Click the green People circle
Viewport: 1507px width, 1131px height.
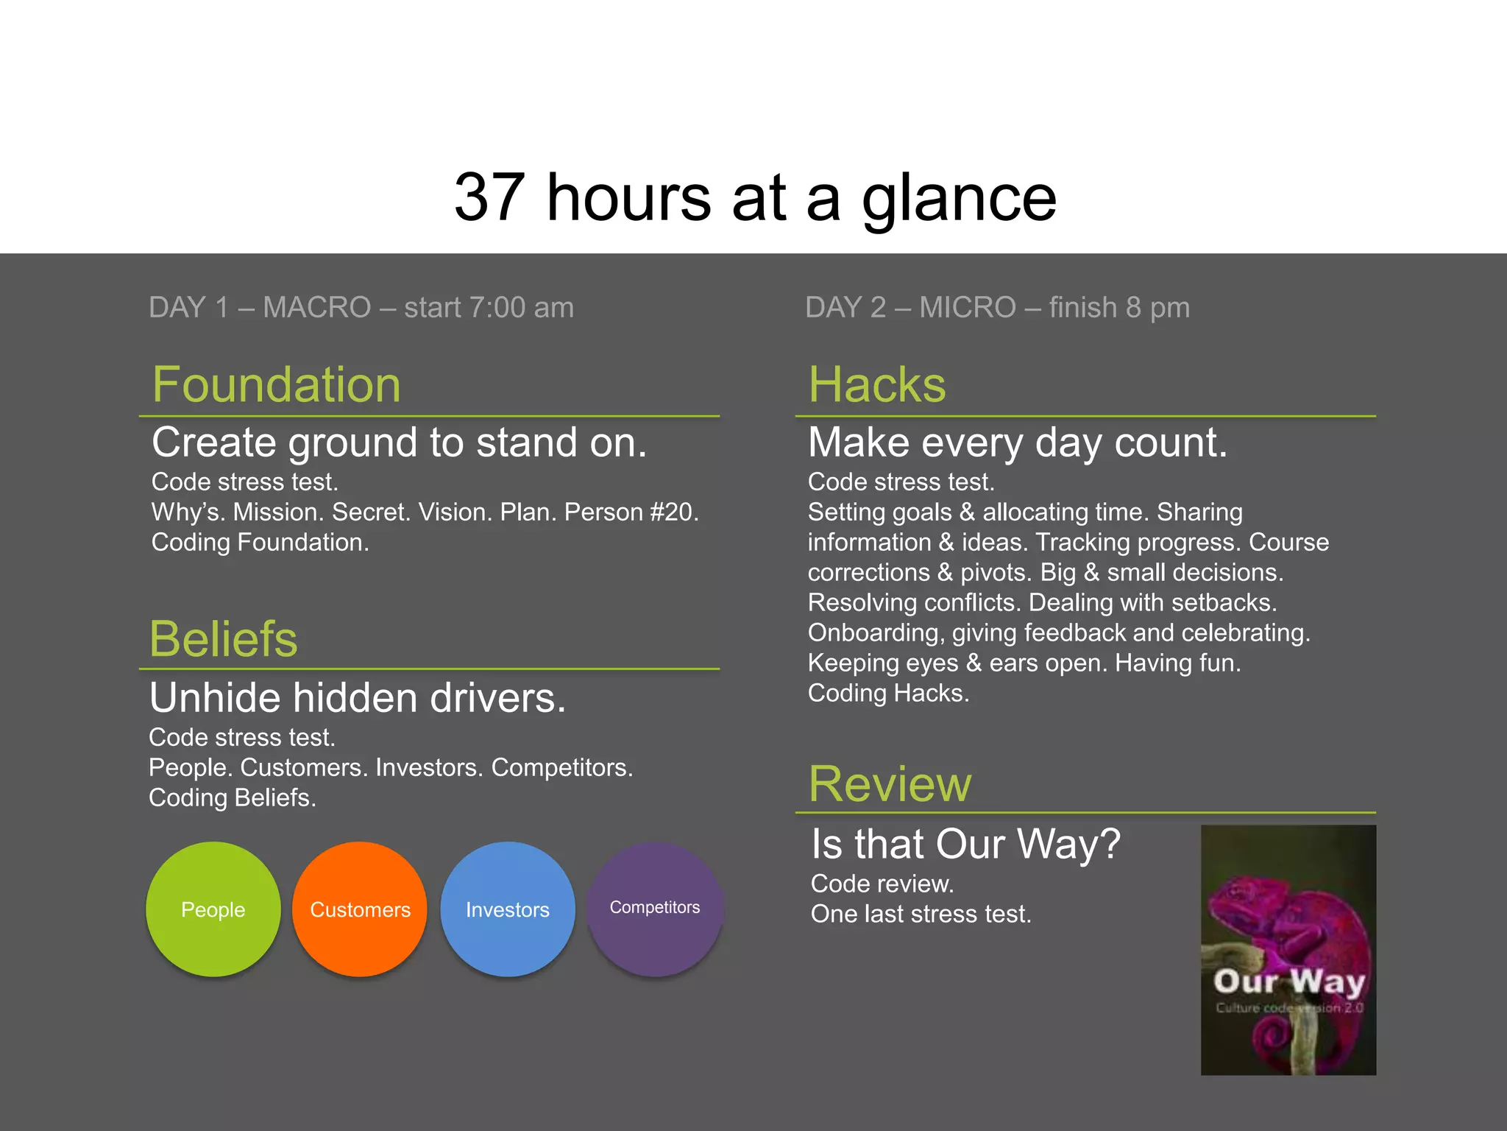213,909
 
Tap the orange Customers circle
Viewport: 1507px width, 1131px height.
360,909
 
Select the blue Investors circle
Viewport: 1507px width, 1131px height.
507,909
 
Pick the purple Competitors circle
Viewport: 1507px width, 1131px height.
655,909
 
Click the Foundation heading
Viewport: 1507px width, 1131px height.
276,384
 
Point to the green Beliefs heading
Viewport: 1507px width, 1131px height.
223,638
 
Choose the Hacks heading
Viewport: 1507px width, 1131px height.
876,384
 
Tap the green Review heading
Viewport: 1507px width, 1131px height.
890,783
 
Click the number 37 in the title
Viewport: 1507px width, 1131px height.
489,197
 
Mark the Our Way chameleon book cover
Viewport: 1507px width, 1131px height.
1288,950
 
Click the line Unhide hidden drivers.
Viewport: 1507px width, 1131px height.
358,697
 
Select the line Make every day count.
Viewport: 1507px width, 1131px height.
1018,443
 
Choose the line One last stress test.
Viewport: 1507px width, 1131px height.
921,914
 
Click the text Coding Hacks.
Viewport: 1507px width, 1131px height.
888,693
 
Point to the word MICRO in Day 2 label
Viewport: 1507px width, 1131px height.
967,307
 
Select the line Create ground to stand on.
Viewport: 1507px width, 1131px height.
399,443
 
